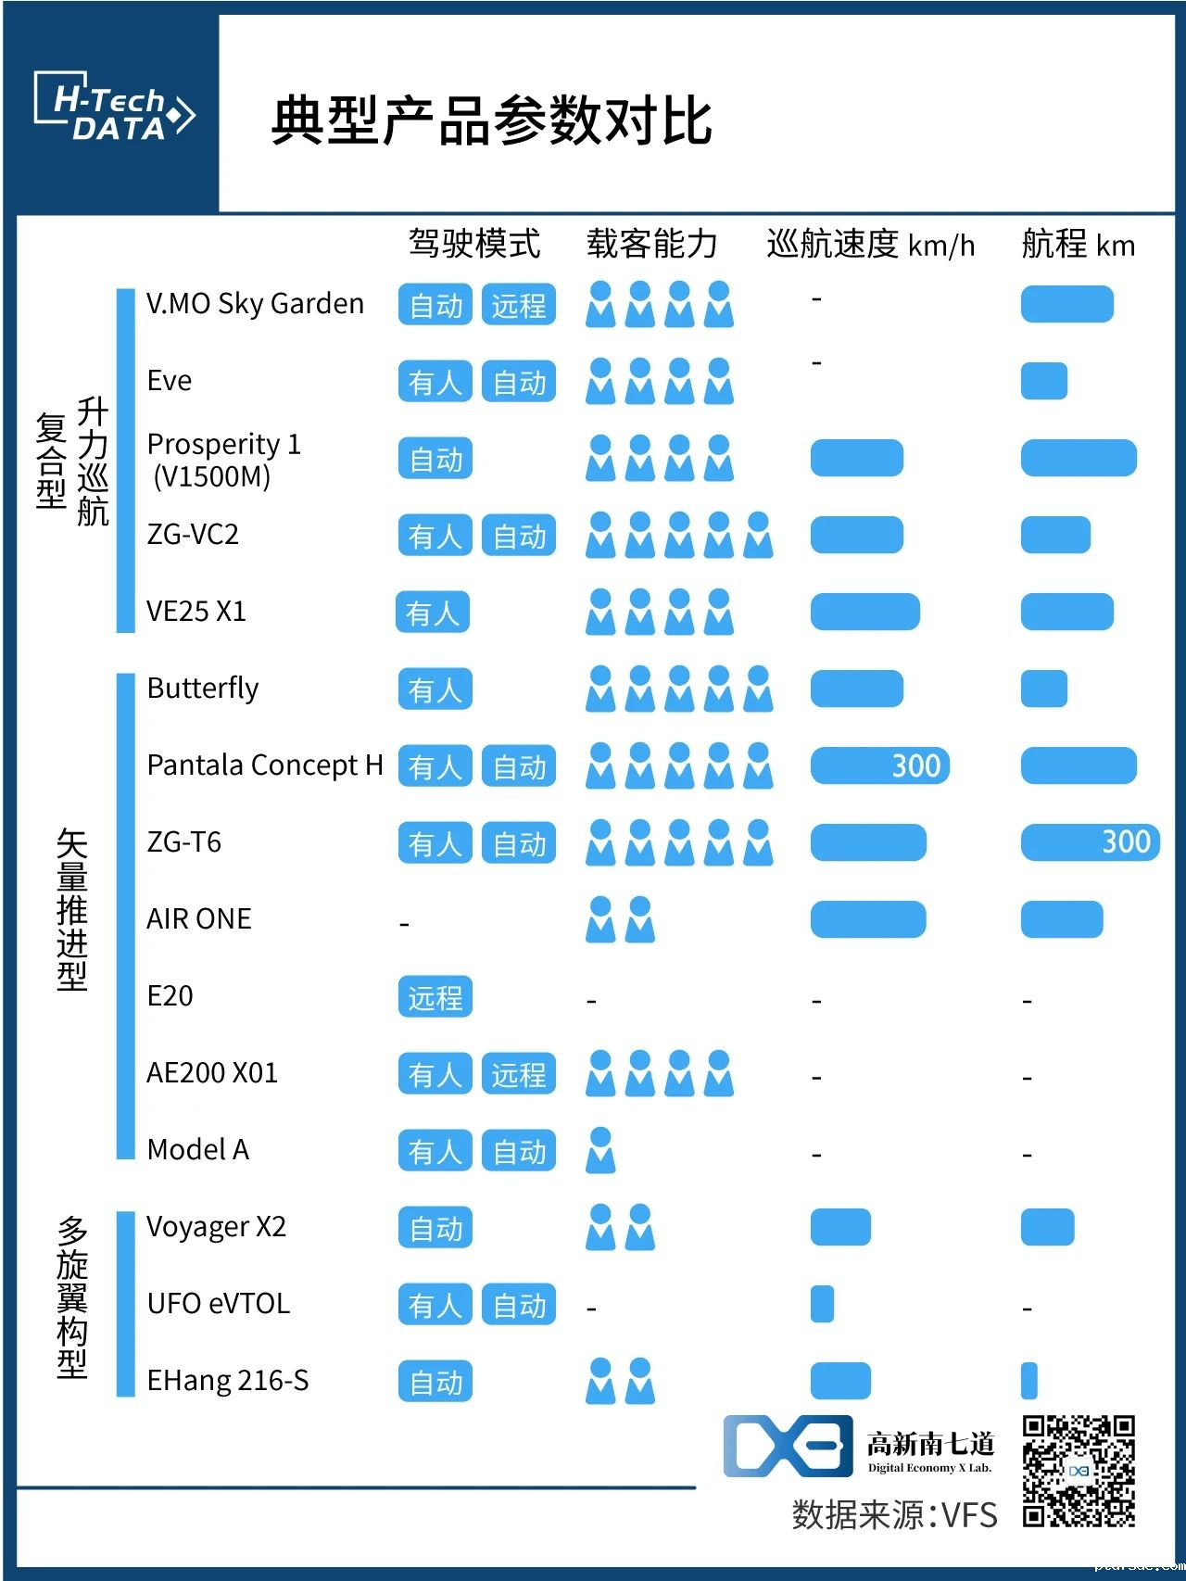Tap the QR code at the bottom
coord(1079,1470)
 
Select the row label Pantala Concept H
coord(265,765)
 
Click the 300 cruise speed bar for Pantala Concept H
coord(880,765)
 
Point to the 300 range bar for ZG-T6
coord(1090,842)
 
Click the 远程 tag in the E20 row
coord(435,997)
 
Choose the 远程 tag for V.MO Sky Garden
coord(519,305)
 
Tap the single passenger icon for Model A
coord(600,1150)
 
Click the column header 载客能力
coord(652,244)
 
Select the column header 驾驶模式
coord(474,244)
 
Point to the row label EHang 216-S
coord(228,1381)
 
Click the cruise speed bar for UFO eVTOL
coord(822,1304)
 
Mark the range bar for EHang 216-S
coord(1028,1381)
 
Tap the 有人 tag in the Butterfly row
coord(435,689)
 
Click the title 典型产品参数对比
coord(491,120)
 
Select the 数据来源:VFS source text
coord(894,1514)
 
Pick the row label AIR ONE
coord(199,919)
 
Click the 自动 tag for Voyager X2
coord(435,1228)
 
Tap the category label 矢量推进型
coord(72,909)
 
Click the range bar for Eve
coord(1044,381)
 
